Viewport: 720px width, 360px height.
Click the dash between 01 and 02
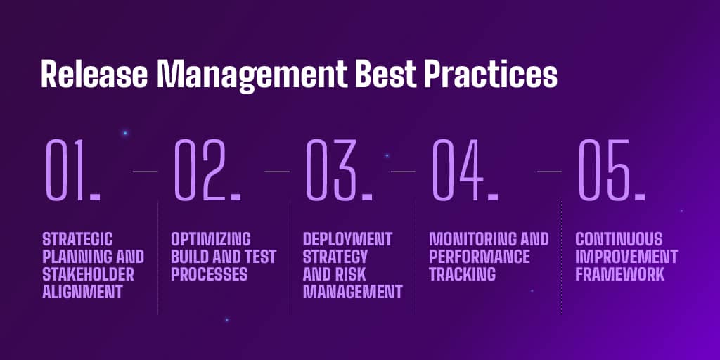145,171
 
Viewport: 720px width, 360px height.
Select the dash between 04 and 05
549,171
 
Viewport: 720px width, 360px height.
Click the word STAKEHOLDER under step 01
88,274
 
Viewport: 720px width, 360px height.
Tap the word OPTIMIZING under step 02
211,239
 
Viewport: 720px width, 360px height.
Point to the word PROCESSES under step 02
210,274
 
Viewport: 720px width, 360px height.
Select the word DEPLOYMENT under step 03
347,239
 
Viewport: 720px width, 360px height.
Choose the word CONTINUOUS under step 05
619,239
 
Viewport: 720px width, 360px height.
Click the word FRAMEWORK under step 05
619,274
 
